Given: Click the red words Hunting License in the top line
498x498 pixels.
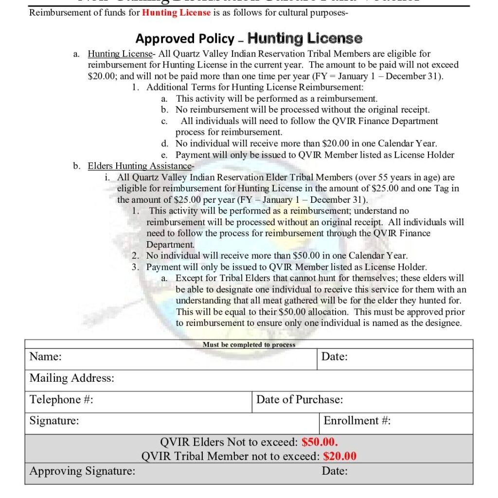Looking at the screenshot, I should point(176,13).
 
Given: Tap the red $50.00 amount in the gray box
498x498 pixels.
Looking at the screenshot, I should point(320,442).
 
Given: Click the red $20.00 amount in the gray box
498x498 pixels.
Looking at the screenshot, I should point(340,456).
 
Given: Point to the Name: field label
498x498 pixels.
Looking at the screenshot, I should point(45,356).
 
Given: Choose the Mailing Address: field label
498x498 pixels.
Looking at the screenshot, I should point(71,378).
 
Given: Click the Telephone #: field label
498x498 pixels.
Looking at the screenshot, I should point(61,400).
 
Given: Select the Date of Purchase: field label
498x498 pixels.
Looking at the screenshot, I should point(300,400).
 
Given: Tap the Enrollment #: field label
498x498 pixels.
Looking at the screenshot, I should point(357,421).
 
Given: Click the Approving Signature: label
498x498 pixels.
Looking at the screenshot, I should point(82,471).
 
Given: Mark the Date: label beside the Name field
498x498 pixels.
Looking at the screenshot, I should point(335,356).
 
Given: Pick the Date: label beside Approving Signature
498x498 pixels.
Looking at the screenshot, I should point(335,471).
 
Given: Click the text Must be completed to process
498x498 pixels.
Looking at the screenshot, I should point(249,344).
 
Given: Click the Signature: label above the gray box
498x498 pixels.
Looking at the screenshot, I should point(54,421).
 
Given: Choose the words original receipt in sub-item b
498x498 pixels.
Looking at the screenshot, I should point(395,110).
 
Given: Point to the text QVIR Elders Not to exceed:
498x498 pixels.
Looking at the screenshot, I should point(229,442).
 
